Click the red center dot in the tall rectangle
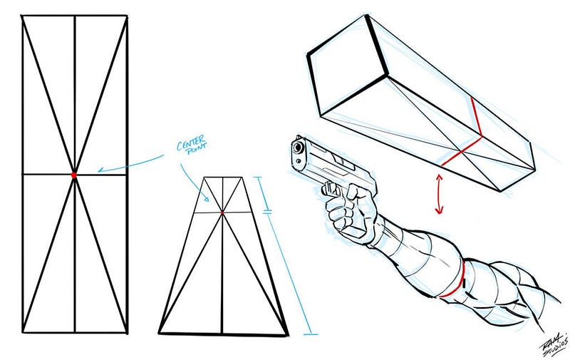[74, 175]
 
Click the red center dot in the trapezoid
[222, 212]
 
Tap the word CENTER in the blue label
[190, 143]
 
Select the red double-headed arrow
[439, 194]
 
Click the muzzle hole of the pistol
[299, 148]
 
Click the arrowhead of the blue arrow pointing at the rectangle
[101, 170]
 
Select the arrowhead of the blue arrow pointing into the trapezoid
[207, 199]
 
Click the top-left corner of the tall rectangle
[23, 16]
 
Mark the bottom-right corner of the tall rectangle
[127, 332]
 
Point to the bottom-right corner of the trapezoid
[289, 334]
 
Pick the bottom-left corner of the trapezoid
[159, 333]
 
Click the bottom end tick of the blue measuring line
[311, 334]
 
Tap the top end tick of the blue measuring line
[258, 177]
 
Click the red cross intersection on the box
[461, 151]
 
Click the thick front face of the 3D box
[347, 66]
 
